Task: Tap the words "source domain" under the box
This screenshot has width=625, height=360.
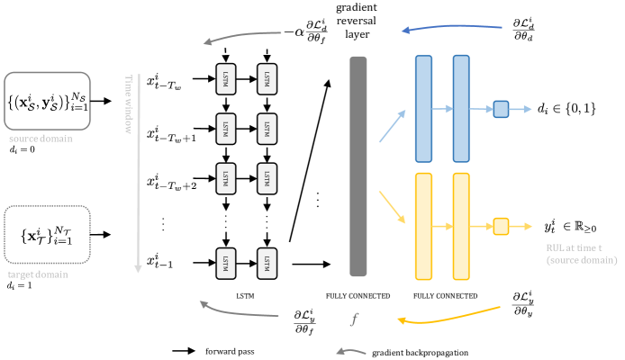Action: (x=41, y=139)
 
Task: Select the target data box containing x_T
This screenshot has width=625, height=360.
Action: (x=48, y=236)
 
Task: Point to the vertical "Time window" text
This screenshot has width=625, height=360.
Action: (x=128, y=103)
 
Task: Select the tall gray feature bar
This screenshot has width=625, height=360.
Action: (x=358, y=166)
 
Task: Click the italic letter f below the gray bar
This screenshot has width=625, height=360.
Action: (x=355, y=319)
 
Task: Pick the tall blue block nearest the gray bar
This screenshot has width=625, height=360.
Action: (x=423, y=108)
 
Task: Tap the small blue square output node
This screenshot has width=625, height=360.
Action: (x=501, y=109)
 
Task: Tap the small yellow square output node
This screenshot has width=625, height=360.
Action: (x=501, y=226)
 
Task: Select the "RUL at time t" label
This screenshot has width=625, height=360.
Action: (x=580, y=253)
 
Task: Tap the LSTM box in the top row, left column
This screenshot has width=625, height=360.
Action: (x=225, y=78)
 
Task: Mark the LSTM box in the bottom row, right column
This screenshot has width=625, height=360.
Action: (x=267, y=263)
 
